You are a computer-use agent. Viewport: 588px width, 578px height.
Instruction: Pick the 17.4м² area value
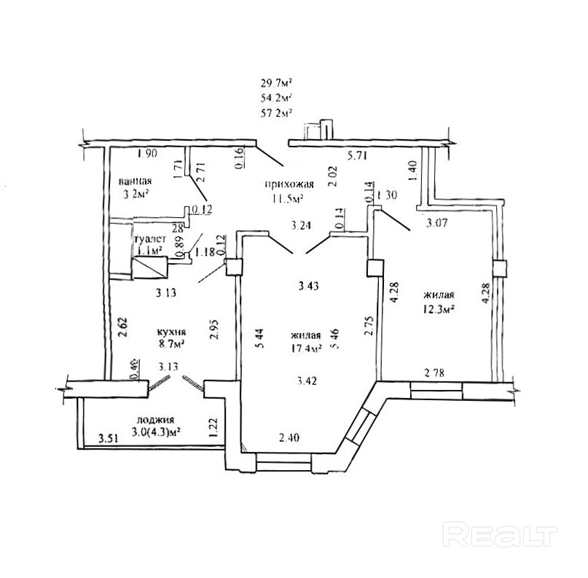point(306,348)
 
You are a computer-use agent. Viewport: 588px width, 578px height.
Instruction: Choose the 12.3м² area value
point(438,308)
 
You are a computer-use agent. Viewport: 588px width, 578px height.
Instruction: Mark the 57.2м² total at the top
point(276,113)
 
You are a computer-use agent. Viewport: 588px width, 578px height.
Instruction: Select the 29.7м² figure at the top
point(276,82)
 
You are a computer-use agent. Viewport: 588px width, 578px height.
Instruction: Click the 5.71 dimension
point(358,155)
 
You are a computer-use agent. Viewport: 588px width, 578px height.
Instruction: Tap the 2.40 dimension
point(289,439)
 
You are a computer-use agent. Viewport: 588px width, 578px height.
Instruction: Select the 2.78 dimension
point(436,374)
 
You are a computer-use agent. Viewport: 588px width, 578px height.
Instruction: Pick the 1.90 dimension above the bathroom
point(148,153)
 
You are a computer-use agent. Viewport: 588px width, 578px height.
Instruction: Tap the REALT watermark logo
point(497,536)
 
